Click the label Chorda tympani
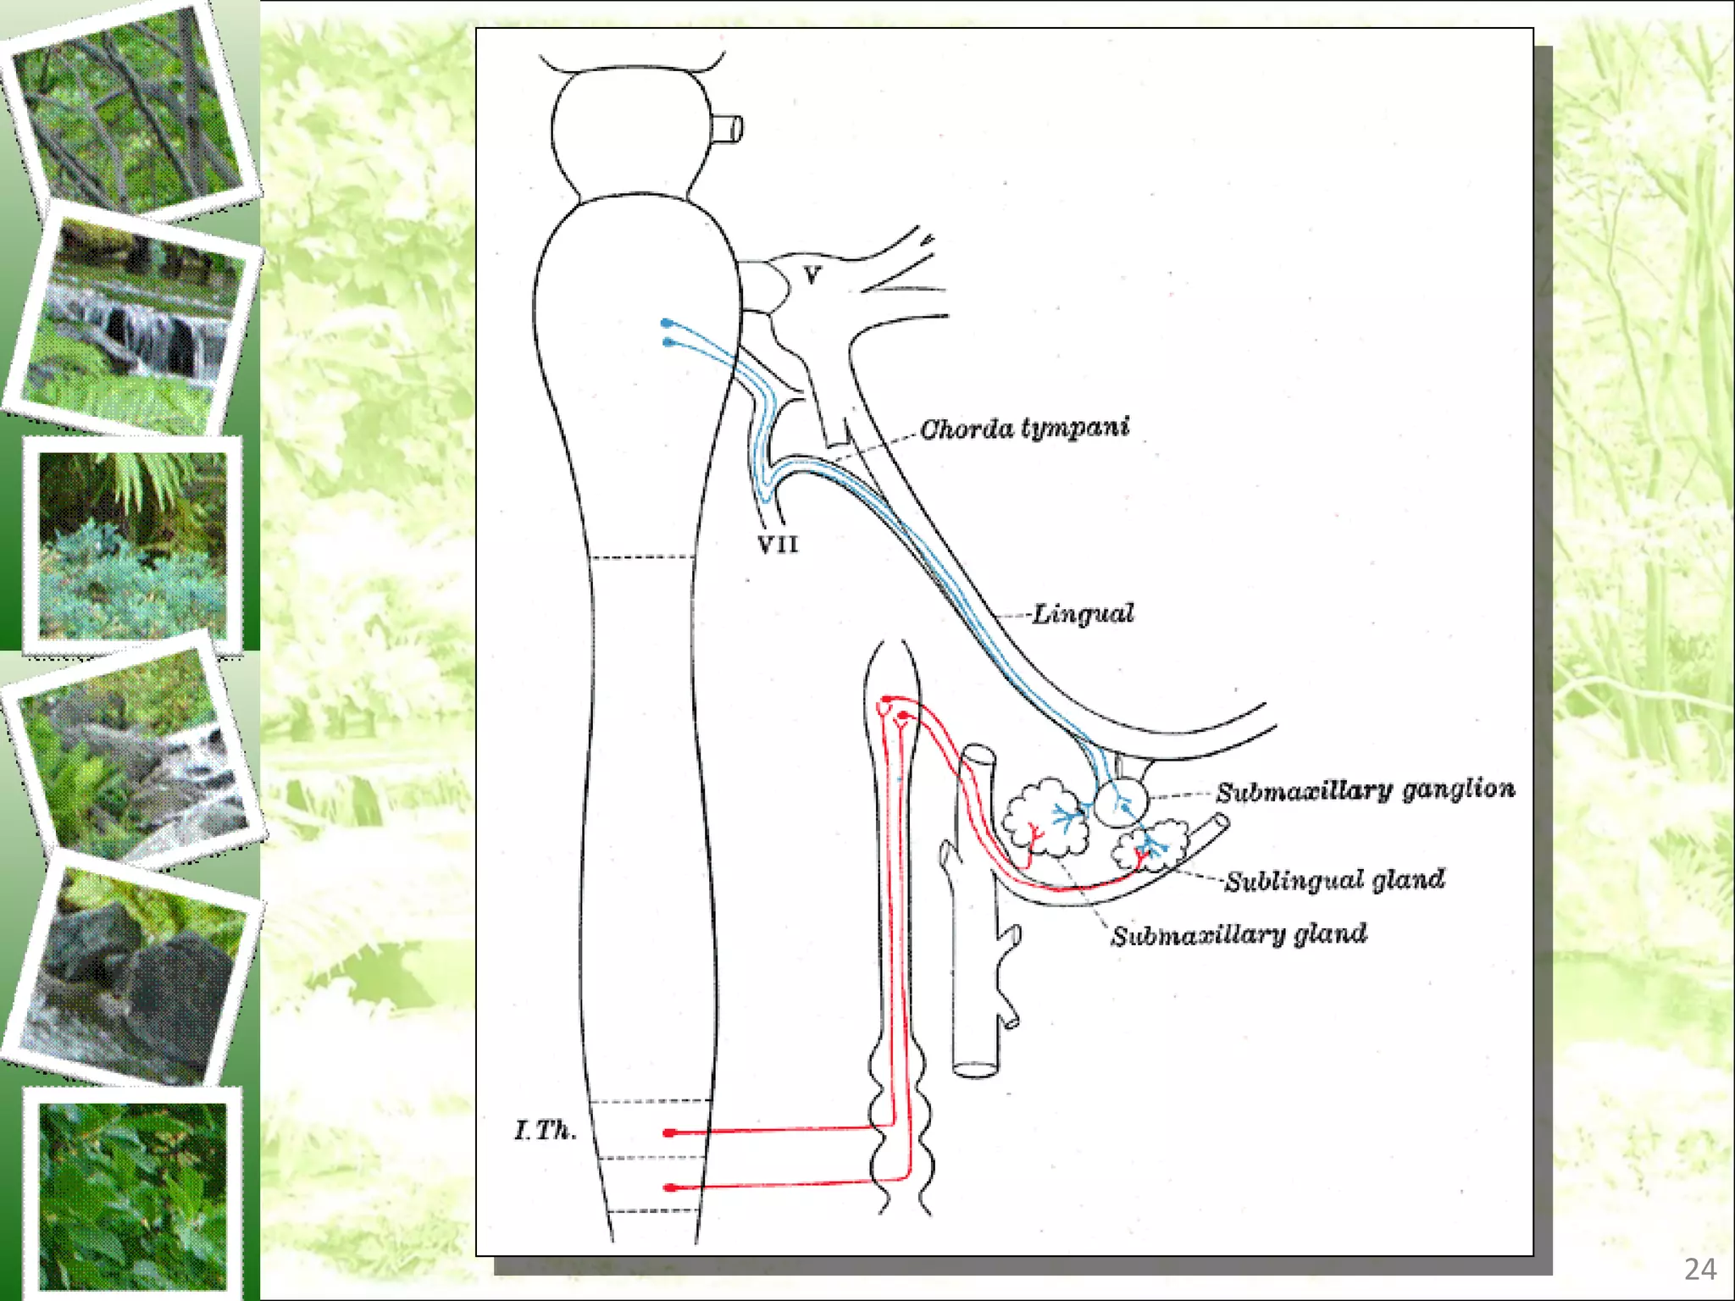1024,429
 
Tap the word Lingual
1082,613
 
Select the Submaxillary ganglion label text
1365,791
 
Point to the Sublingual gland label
1334,881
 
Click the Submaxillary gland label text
1239,935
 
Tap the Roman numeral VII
778,544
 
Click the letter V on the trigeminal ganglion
812,275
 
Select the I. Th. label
546,1130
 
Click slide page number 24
1699,1269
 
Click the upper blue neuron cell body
667,323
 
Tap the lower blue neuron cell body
668,342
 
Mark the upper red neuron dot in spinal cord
669,1132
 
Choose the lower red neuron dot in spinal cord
669,1188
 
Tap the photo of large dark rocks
136,974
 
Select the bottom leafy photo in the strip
132,1194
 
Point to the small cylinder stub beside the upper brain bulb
728,129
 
